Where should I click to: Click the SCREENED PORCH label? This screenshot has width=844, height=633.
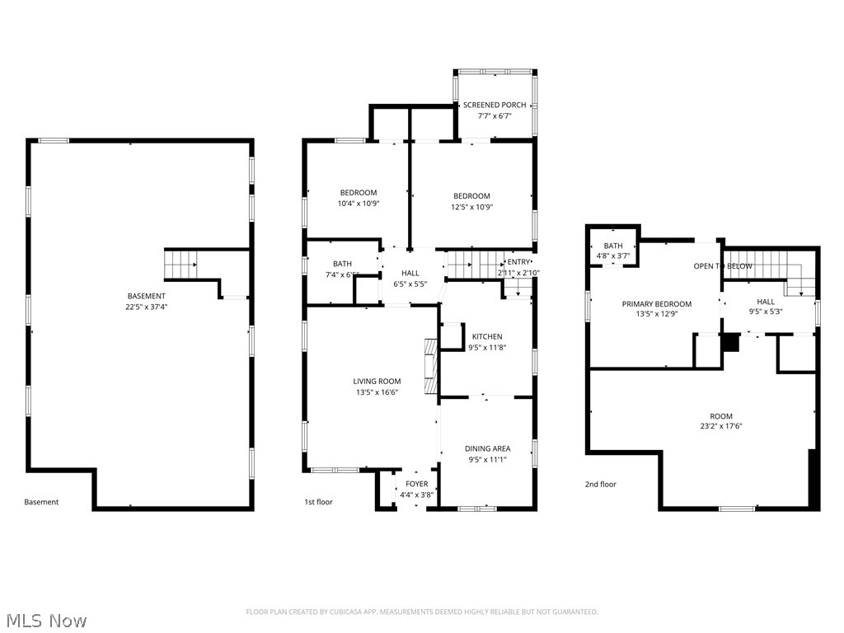[495, 105]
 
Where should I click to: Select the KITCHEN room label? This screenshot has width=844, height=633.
[487, 336]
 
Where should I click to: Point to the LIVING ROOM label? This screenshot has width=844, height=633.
[377, 381]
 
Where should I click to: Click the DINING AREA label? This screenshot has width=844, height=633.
[488, 448]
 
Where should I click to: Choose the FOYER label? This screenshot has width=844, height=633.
[416, 484]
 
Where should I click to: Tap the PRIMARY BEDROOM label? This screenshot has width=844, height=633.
[656, 304]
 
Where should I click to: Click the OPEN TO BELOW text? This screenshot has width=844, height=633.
[722, 266]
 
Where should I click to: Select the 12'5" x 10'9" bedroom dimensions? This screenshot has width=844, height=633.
[471, 208]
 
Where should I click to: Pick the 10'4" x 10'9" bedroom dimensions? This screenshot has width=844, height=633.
[359, 204]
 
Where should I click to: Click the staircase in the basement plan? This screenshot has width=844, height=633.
[180, 265]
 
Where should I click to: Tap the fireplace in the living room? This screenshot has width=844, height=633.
[429, 367]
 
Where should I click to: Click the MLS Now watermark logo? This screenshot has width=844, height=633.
[45, 620]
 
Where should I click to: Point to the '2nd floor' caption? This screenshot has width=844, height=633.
[601, 485]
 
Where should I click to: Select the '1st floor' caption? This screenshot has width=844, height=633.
[319, 501]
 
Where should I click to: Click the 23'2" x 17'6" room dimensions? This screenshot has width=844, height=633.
[721, 427]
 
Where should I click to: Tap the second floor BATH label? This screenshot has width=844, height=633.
[613, 246]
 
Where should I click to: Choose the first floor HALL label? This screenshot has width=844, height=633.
[410, 273]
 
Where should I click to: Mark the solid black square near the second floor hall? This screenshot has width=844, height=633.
[730, 343]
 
